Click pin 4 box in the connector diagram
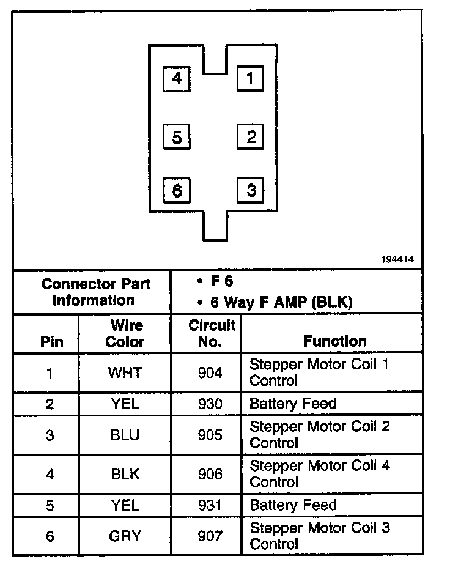point(177,79)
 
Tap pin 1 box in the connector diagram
point(250,78)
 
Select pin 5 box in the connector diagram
point(177,137)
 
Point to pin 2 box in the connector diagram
point(250,136)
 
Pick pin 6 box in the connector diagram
point(177,191)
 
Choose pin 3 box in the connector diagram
point(250,190)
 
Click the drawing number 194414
point(397,259)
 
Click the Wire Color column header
point(125,333)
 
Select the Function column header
point(335,341)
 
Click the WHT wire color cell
point(125,372)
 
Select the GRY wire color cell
point(125,536)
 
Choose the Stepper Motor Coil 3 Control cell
point(320,535)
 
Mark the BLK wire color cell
point(125,474)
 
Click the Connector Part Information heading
point(95,292)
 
